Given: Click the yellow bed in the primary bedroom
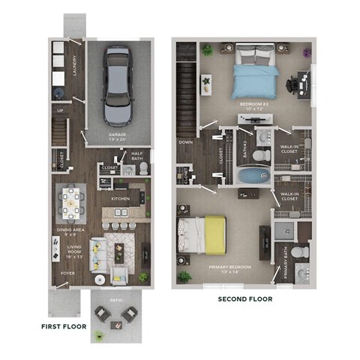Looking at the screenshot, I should click(x=202, y=233).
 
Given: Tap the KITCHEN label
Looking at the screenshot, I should click(x=121, y=199).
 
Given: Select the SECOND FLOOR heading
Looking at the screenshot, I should click(x=244, y=299).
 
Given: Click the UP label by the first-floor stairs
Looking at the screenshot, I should click(x=59, y=111).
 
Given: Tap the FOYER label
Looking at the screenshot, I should click(x=67, y=274).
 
